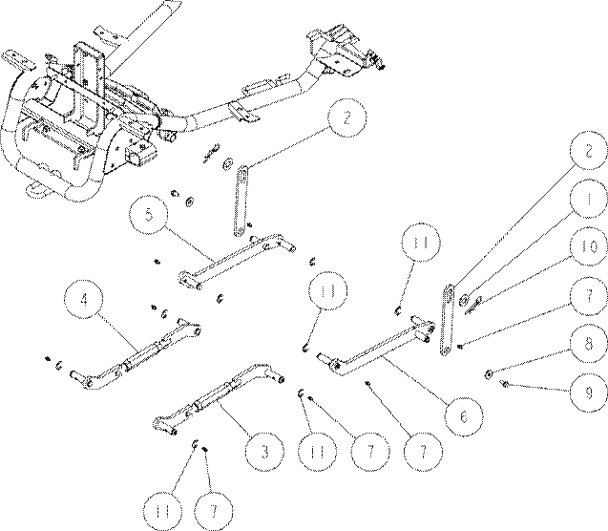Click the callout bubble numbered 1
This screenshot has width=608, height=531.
[x=588, y=199]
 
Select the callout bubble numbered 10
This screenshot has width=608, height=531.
[x=589, y=246]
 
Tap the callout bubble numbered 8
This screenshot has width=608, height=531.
[x=589, y=344]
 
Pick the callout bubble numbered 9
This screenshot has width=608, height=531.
[x=589, y=393]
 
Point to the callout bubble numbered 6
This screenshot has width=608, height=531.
[x=464, y=416]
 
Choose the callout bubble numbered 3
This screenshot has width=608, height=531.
[x=264, y=452]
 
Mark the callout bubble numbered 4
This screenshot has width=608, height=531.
[x=84, y=300]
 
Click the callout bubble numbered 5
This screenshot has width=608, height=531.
[x=149, y=215]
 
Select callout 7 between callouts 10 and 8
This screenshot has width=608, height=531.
[x=589, y=295]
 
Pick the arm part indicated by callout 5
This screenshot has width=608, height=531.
[x=237, y=260]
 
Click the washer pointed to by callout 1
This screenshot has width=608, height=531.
[x=464, y=300]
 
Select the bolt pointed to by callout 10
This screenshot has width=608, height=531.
[x=473, y=306]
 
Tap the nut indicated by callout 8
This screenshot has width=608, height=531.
[x=489, y=374]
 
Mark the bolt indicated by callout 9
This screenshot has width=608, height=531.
[x=505, y=384]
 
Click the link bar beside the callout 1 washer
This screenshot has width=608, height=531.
[x=447, y=319]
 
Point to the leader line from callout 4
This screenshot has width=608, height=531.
[x=118, y=332]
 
